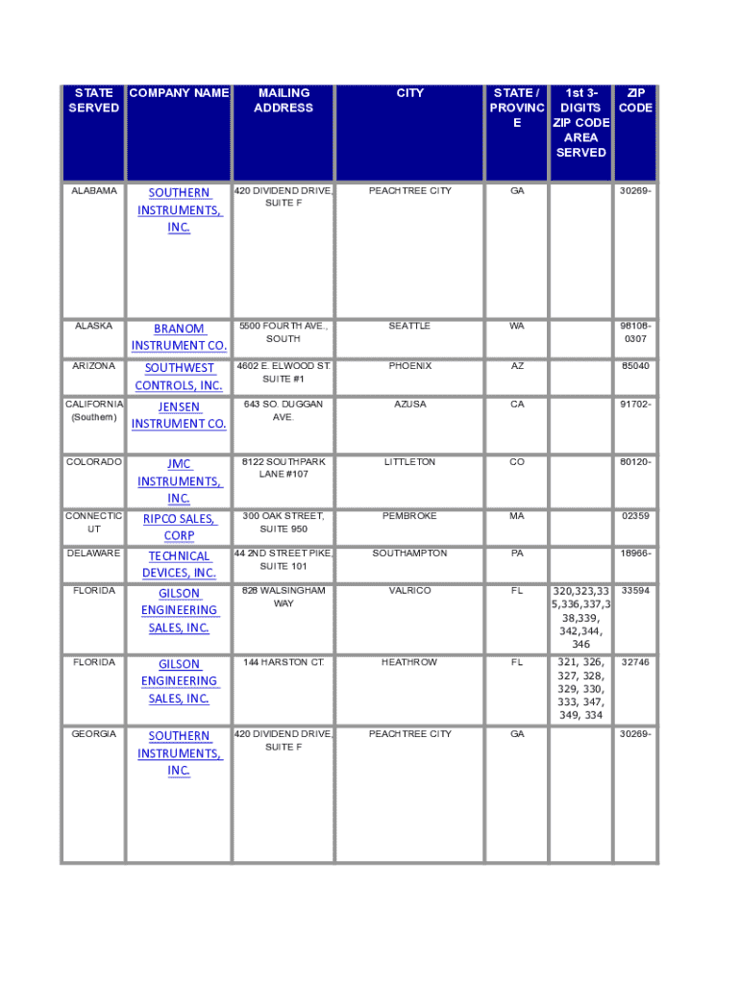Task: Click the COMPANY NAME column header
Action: (179, 93)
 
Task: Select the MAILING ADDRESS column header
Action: (284, 101)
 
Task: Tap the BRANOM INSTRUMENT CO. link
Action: (179, 336)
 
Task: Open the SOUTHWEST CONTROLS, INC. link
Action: (179, 377)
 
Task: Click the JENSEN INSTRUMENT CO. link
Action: (179, 415)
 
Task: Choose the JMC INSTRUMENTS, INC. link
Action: (179, 481)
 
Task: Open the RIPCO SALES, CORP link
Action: (179, 528)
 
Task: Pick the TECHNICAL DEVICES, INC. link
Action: (179, 564)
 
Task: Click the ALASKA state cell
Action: (94, 327)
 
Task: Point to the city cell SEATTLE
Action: (409, 327)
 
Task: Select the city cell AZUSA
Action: (409, 405)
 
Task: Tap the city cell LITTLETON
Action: (409, 462)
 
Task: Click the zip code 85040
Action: (635, 367)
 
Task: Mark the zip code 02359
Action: (635, 517)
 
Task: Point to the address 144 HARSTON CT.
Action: (284, 663)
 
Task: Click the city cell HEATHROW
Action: (409, 663)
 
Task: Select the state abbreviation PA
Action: (517, 554)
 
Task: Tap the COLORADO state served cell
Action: (94, 462)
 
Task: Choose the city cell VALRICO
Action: (409, 591)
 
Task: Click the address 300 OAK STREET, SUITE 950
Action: (284, 523)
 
